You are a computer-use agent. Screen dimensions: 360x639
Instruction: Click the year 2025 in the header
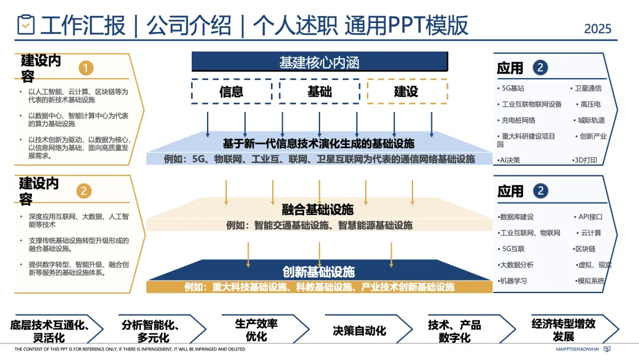click(x=598, y=28)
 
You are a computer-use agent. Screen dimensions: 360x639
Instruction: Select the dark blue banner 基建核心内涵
click(x=319, y=62)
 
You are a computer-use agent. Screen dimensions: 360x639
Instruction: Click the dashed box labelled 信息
click(x=231, y=92)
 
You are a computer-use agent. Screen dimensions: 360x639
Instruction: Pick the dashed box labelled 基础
click(x=319, y=92)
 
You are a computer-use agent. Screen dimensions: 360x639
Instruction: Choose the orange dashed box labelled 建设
click(x=406, y=92)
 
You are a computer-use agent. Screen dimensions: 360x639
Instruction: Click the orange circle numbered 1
click(x=86, y=68)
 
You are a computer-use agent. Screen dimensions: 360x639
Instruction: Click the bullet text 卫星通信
click(x=588, y=88)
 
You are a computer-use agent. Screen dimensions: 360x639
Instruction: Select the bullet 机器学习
click(x=513, y=281)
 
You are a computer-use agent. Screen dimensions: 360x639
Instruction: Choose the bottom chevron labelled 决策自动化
click(x=359, y=330)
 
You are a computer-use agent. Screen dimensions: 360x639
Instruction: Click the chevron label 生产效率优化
click(x=256, y=330)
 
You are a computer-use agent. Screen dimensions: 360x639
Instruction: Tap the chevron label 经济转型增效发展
click(x=563, y=330)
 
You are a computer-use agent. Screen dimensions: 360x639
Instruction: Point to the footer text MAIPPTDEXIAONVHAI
click(x=577, y=349)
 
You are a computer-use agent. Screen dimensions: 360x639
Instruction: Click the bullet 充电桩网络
click(x=518, y=120)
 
